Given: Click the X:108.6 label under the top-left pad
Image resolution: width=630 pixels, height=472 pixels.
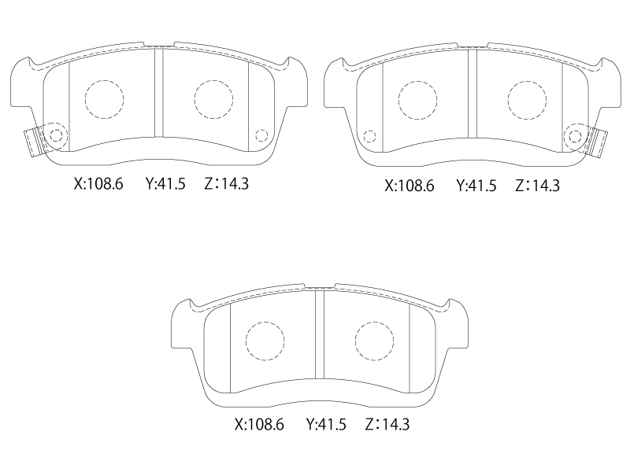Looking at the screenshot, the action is pyautogui.click(x=98, y=184).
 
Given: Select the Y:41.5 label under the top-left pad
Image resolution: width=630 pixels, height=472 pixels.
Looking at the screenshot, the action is pyautogui.click(x=165, y=184).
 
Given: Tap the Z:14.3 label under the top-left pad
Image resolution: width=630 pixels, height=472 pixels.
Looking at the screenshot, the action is pyautogui.click(x=227, y=184).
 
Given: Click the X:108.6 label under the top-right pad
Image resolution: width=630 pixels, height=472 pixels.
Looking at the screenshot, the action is pyautogui.click(x=409, y=186).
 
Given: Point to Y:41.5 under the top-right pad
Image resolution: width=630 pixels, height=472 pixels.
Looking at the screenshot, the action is pyautogui.click(x=476, y=186).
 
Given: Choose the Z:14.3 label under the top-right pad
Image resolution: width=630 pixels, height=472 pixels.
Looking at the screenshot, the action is pyautogui.click(x=538, y=186).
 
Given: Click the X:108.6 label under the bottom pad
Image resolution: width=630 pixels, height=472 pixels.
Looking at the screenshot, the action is pyautogui.click(x=259, y=424).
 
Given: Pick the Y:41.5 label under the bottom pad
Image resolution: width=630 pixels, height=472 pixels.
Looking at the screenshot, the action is pyautogui.click(x=326, y=424).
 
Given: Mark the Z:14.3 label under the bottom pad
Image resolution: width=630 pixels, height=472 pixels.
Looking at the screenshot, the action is pyautogui.click(x=387, y=424).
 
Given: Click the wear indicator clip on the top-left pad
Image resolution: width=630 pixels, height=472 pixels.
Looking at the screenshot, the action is pyautogui.click(x=35, y=142).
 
